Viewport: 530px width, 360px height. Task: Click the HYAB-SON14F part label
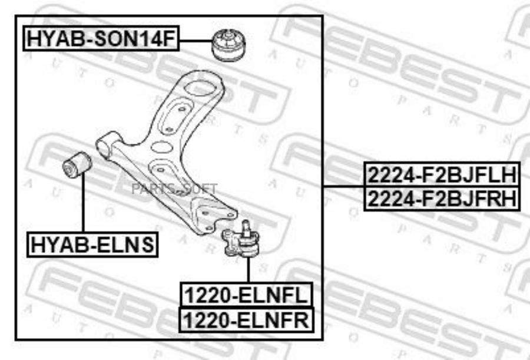coord(101,38)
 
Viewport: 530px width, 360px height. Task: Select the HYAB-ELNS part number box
coord(92,245)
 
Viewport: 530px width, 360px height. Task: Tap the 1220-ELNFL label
coord(246,295)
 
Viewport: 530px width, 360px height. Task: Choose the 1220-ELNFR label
coord(246,320)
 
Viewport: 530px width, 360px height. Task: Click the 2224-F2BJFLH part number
coord(442,174)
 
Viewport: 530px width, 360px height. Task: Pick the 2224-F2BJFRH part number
coord(442,199)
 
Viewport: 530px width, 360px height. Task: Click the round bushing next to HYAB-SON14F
coord(228,45)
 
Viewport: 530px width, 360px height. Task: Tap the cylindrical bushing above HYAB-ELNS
coord(77,164)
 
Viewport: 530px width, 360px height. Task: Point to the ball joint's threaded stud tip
coord(246,222)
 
